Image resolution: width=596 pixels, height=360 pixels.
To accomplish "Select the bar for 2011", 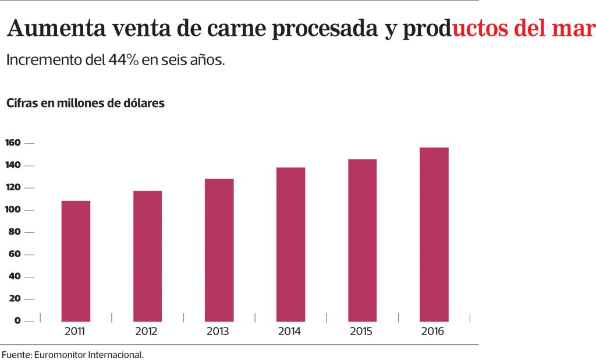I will (x=76, y=261).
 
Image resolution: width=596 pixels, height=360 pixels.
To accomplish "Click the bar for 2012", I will (x=147, y=256).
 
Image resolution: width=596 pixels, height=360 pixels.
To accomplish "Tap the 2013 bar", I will (x=219, y=250).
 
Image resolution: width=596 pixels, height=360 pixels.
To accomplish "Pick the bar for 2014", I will (x=290, y=244).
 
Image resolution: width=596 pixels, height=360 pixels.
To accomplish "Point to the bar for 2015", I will (x=362, y=240).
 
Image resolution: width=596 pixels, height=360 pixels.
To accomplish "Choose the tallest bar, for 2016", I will (x=434, y=234).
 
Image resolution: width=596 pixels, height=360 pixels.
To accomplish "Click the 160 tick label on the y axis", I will (x=13, y=143).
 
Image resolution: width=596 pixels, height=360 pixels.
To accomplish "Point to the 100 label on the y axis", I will (x=13, y=210).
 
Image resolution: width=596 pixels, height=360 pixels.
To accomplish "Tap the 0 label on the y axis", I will (x=17, y=320).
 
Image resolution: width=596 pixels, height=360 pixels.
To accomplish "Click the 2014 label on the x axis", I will (x=289, y=332).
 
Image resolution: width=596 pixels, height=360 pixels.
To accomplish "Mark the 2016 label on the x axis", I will (x=432, y=332).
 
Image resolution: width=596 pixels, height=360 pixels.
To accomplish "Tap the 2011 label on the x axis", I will (x=74, y=332).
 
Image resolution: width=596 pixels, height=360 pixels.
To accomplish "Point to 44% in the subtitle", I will (x=123, y=60).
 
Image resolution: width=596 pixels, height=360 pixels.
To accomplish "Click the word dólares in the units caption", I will (x=144, y=104).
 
